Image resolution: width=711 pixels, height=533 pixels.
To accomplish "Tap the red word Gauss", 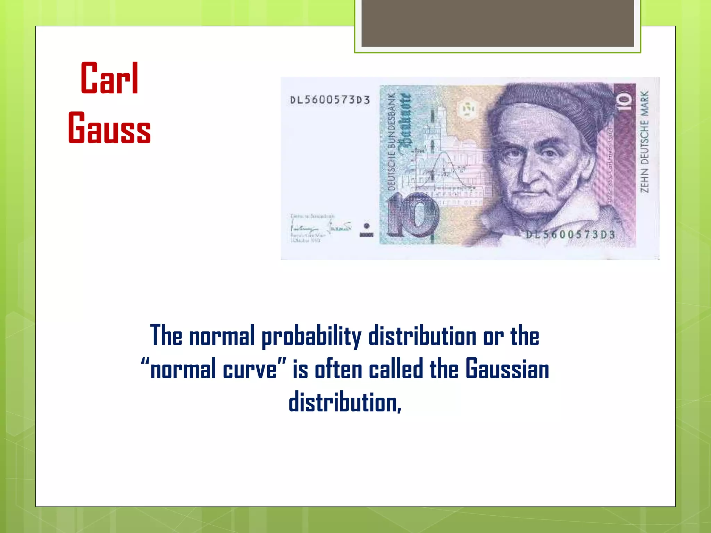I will point(109,128).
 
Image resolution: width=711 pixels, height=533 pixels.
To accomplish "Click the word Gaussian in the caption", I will point(507,369).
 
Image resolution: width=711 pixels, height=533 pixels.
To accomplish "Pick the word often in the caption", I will point(338,369).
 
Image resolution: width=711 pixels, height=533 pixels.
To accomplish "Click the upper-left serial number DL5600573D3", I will point(330,100).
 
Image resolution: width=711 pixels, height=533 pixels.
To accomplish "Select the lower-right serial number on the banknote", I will point(570,235).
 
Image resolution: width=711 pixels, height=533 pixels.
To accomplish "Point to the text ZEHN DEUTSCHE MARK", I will point(644,141).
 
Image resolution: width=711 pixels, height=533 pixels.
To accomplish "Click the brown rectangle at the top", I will point(497,23).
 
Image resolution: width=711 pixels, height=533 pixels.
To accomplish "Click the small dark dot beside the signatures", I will point(366,226).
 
